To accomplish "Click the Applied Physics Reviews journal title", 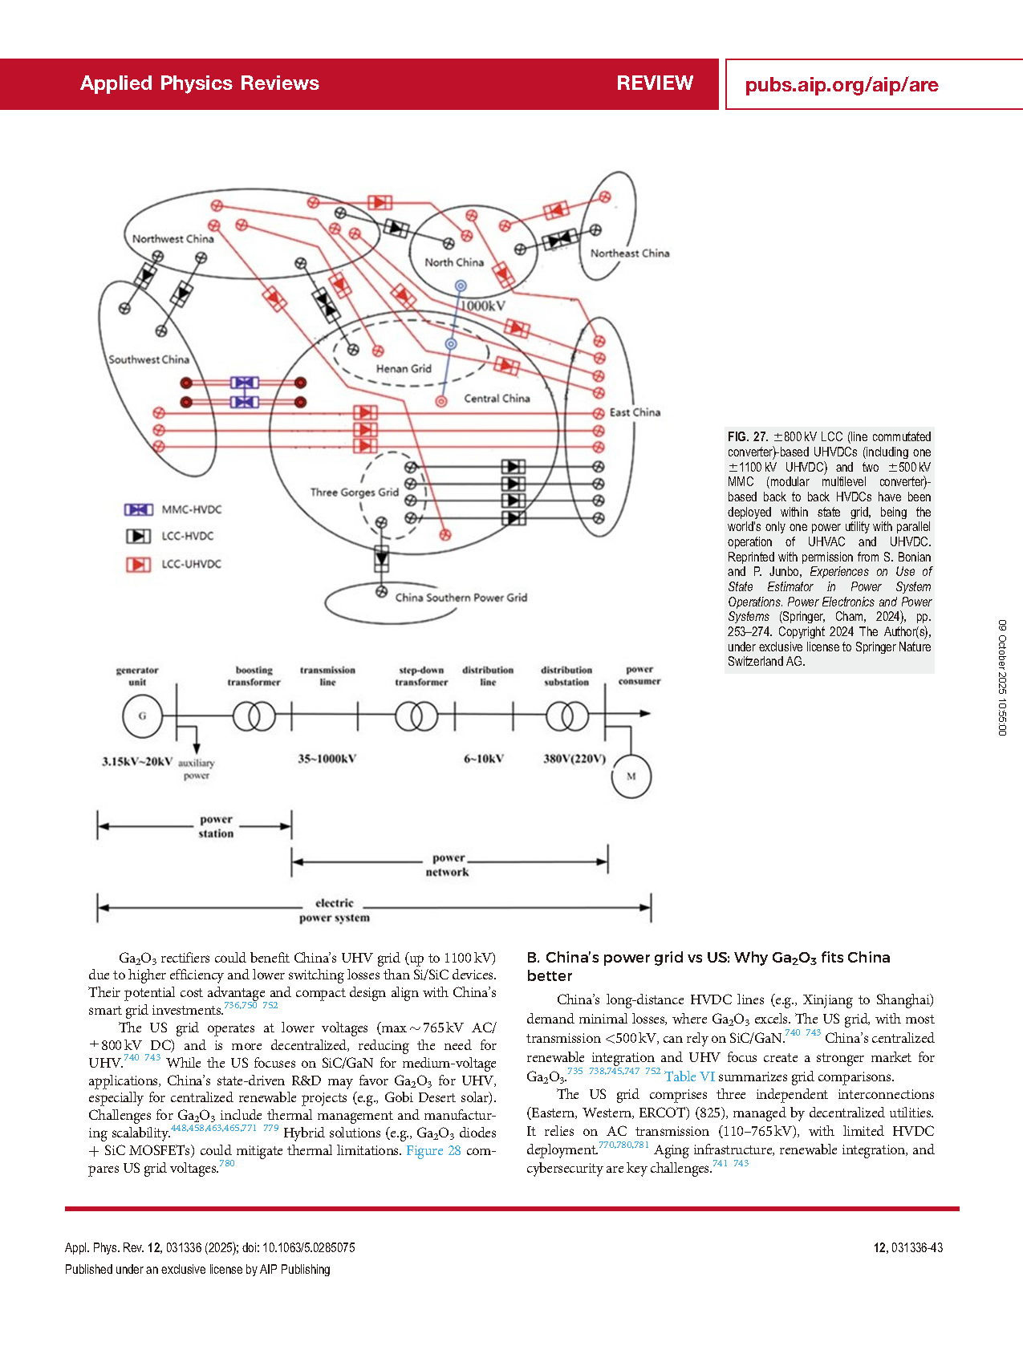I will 199,83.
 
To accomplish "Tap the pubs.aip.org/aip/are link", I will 841,85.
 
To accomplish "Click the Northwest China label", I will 173,239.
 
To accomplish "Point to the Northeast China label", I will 629,253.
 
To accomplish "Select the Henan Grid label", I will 404,369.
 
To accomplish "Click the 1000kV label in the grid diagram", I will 482,306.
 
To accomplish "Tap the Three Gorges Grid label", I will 354,493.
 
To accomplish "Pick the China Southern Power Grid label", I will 461,598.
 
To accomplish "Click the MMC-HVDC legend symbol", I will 138,509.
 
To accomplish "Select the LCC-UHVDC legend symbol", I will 138,564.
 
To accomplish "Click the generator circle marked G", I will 143,716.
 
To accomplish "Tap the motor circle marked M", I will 631,776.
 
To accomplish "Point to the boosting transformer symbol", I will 254,716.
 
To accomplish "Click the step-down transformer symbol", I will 416,716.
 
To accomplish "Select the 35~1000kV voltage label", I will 327,759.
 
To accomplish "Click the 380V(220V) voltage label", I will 574,759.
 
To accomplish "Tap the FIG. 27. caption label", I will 748,437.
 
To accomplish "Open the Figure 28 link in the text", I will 433,1150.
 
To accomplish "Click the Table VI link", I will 689,1076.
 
